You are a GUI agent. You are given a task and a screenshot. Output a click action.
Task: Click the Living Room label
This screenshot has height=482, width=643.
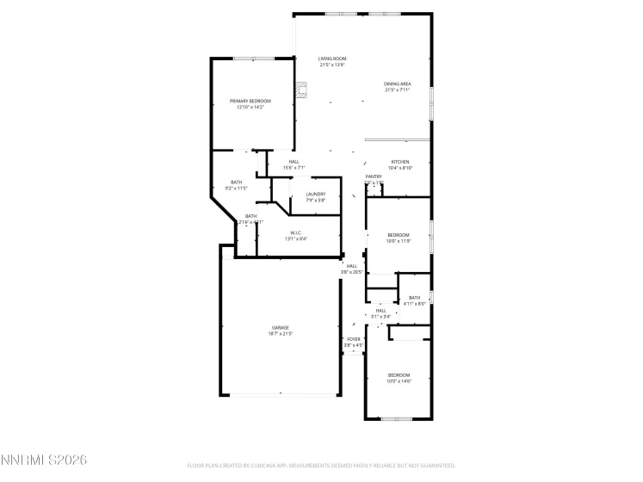(332, 61)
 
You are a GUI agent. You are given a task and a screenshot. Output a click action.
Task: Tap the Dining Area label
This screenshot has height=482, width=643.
(397, 86)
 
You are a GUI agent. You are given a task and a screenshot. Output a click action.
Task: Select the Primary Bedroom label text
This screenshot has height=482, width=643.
(250, 103)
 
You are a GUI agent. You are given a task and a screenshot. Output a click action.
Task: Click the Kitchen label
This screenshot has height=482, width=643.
(401, 164)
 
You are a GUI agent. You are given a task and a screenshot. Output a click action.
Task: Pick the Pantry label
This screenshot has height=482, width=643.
(373, 179)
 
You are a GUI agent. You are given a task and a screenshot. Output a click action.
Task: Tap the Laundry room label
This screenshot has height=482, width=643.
(316, 196)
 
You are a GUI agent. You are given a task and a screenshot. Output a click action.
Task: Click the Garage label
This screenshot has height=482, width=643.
(281, 330)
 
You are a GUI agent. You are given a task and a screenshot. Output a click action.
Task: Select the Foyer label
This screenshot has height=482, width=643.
(353, 342)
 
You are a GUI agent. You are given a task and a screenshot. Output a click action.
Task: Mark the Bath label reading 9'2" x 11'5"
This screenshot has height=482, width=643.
(236, 184)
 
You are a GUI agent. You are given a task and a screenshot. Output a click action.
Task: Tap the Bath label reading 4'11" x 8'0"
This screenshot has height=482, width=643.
(415, 300)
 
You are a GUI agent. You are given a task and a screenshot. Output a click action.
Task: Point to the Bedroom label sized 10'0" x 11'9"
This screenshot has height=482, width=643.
(399, 238)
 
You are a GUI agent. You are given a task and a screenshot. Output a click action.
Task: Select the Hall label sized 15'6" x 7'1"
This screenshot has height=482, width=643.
(294, 164)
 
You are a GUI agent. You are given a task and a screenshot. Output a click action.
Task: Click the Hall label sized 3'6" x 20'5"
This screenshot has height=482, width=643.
(352, 269)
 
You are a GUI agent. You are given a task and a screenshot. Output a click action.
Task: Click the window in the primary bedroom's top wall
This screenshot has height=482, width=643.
(256, 58)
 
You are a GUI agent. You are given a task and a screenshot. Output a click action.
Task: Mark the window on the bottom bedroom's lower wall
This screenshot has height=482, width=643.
(397, 419)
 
